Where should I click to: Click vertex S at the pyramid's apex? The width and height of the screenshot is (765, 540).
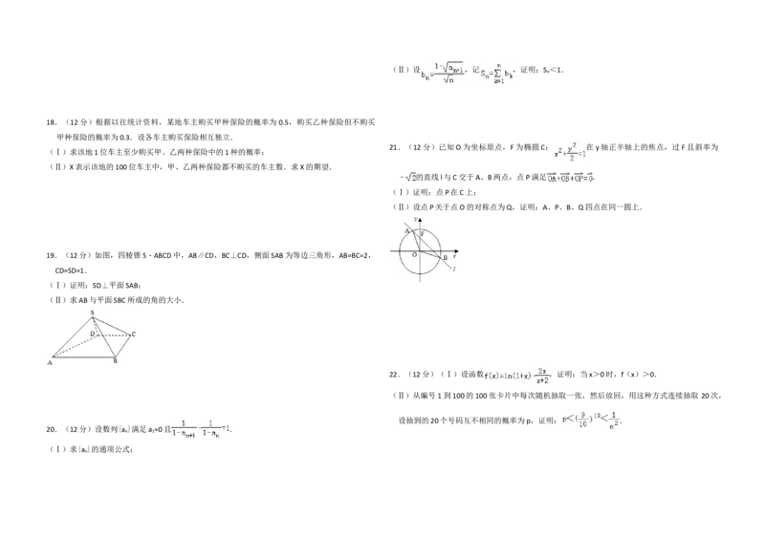point(92,313)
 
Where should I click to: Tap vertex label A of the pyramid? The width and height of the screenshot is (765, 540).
point(51,362)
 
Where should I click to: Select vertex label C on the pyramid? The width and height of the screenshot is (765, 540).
point(134,334)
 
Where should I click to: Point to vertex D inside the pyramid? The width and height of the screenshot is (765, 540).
point(94,334)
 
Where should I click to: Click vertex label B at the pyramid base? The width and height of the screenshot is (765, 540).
point(115,361)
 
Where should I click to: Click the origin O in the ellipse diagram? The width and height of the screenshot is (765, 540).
point(414,255)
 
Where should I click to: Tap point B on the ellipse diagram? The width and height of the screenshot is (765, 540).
point(445,257)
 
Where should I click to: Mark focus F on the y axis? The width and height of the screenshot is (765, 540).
point(422,234)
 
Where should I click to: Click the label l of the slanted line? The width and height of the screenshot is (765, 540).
point(452,270)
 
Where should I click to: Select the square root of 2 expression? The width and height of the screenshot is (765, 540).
point(409,177)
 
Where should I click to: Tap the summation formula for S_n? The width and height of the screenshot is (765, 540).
point(497,76)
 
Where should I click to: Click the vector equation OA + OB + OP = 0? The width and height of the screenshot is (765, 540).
point(570,177)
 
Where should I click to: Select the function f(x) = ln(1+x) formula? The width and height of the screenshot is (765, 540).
point(516,375)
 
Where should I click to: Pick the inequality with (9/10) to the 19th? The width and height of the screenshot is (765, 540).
point(593,421)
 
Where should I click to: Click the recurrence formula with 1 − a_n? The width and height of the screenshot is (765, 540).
point(202,429)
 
